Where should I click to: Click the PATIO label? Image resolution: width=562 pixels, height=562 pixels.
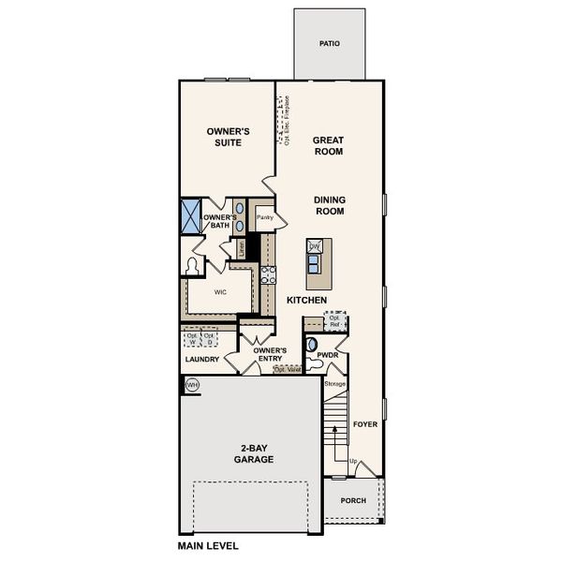point(329,43)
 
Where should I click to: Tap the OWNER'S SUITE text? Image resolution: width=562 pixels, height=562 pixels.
point(225,137)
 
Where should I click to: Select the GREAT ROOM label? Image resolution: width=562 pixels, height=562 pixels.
point(328,144)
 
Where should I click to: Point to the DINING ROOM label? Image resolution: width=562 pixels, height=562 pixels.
point(329,205)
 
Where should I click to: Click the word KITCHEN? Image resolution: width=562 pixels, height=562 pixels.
point(306,300)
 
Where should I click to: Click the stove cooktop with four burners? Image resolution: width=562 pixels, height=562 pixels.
point(268,274)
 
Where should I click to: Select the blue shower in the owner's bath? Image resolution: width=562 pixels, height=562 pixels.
point(191,216)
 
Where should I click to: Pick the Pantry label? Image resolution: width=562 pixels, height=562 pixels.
point(264,217)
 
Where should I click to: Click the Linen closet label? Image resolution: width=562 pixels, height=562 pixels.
point(242,248)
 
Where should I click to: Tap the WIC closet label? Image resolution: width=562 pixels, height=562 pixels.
point(221,292)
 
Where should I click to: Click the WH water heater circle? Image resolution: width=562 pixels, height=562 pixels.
point(192,385)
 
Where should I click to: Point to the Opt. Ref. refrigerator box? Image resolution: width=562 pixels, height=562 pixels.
point(335,321)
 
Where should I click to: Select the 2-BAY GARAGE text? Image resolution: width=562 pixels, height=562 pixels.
point(254,453)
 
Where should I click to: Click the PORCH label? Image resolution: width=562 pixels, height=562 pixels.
point(352,500)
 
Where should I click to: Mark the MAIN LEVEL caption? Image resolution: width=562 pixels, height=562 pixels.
point(208,545)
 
